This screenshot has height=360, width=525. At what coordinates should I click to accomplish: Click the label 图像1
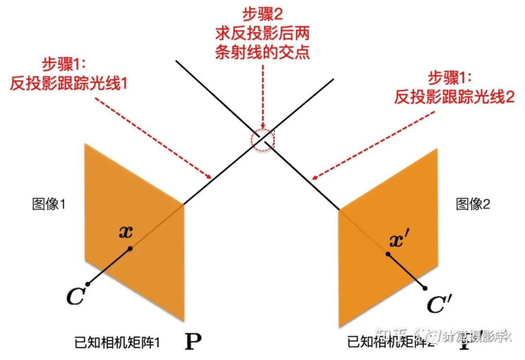[x=49, y=204]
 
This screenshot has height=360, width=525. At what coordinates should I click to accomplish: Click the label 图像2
[x=473, y=204]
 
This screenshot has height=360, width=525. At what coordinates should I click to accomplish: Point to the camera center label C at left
[x=75, y=297]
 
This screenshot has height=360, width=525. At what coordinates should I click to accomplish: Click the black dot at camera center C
[x=87, y=284]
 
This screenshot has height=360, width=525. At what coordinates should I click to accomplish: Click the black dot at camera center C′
[x=426, y=288]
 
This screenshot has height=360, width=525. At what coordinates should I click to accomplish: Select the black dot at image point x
[x=130, y=249]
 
